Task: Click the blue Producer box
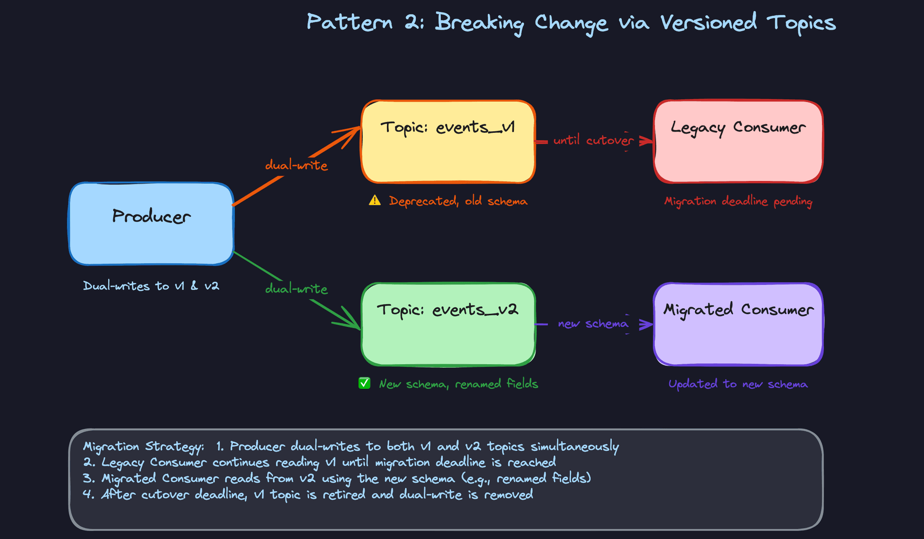click(151, 224)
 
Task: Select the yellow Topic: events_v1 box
click(448, 142)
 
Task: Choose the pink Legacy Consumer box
click(738, 142)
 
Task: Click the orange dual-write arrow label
click(296, 166)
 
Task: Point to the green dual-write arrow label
click(296, 289)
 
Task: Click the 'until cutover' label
click(593, 141)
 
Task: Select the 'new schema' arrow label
click(593, 324)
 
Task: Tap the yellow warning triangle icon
click(374, 201)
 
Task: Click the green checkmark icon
click(364, 384)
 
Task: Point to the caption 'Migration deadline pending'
click(738, 201)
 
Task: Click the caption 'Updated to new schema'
click(738, 384)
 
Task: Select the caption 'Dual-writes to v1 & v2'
click(151, 286)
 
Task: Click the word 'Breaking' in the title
click(479, 23)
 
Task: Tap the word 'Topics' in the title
click(801, 23)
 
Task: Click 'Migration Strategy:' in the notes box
click(143, 447)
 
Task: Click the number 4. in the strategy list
click(88, 494)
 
